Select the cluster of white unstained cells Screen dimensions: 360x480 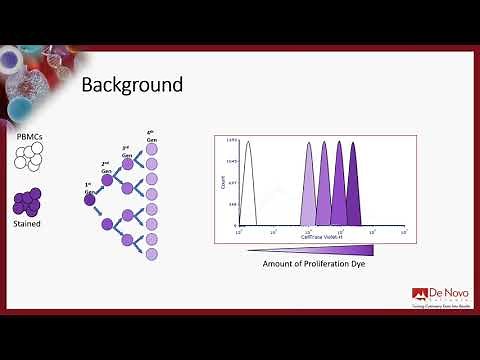[29, 155]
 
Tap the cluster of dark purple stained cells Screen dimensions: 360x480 [28, 202]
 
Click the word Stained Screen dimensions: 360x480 [28, 225]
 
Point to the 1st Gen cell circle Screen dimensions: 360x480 [89, 199]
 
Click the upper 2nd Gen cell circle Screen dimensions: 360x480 [107, 180]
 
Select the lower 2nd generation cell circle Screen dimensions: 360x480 [107, 224]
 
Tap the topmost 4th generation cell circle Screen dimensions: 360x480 [152, 149]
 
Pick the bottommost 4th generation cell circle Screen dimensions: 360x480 [152, 255]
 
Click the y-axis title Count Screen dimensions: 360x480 [221, 184]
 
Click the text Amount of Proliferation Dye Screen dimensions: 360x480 [311, 264]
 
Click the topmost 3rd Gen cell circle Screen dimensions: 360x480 [128, 162]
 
